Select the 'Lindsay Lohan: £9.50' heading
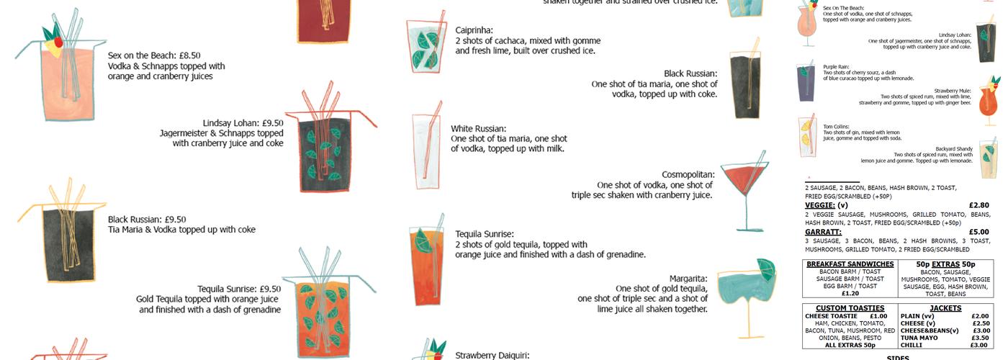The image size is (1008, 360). tap(243, 122)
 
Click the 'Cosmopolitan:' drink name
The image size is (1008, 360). tap(688, 174)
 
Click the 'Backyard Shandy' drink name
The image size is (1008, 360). tap(956, 148)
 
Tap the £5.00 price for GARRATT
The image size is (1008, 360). tap(978, 232)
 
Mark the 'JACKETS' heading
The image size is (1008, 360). tap(945, 308)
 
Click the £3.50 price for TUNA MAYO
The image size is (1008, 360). tap(979, 338)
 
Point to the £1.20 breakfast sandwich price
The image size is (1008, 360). tap(850, 294)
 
